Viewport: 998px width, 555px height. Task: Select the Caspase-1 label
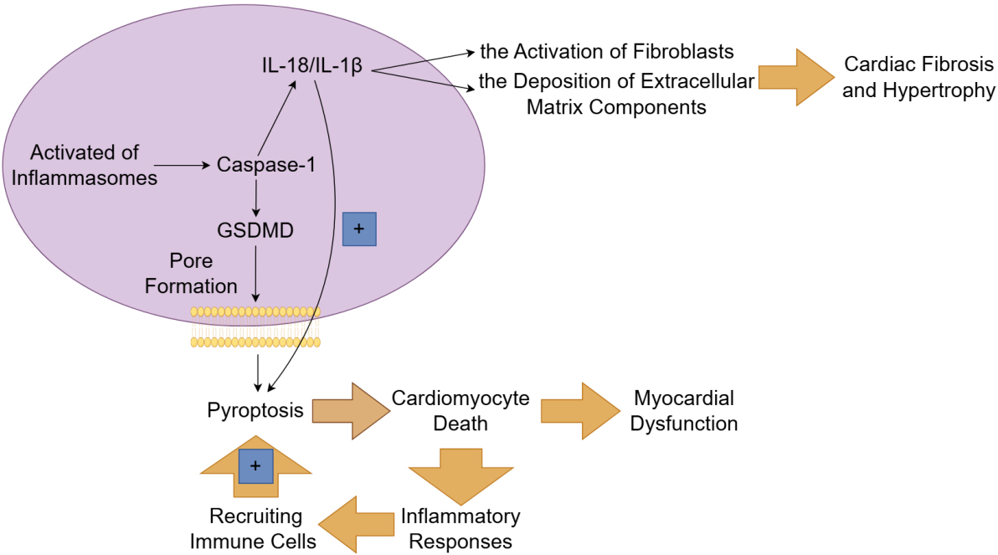(x=265, y=165)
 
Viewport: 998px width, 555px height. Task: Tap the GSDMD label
(x=255, y=229)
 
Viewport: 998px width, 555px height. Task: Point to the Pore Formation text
(x=191, y=274)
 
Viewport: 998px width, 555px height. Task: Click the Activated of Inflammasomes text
(x=85, y=165)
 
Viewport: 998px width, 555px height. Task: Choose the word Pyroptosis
(x=255, y=410)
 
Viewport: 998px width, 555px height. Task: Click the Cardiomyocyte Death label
(x=460, y=410)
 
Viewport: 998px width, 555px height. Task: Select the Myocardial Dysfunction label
(x=684, y=410)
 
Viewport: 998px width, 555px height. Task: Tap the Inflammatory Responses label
(x=460, y=528)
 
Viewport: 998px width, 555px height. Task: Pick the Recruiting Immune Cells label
(x=253, y=528)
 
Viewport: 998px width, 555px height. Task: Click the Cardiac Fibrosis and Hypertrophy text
(x=918, y=77)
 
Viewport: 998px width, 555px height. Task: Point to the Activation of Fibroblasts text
(x=607, y=52)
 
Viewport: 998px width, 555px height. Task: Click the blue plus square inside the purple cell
(x=359, y=229)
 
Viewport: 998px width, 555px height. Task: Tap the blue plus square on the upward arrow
(x=256, y=465)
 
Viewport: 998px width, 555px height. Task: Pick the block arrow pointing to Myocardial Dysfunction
(x=579, y=410)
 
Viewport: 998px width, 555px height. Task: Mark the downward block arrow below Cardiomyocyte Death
(x=460, y=473)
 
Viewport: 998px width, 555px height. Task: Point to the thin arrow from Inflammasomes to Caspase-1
(x=183, y=166)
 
